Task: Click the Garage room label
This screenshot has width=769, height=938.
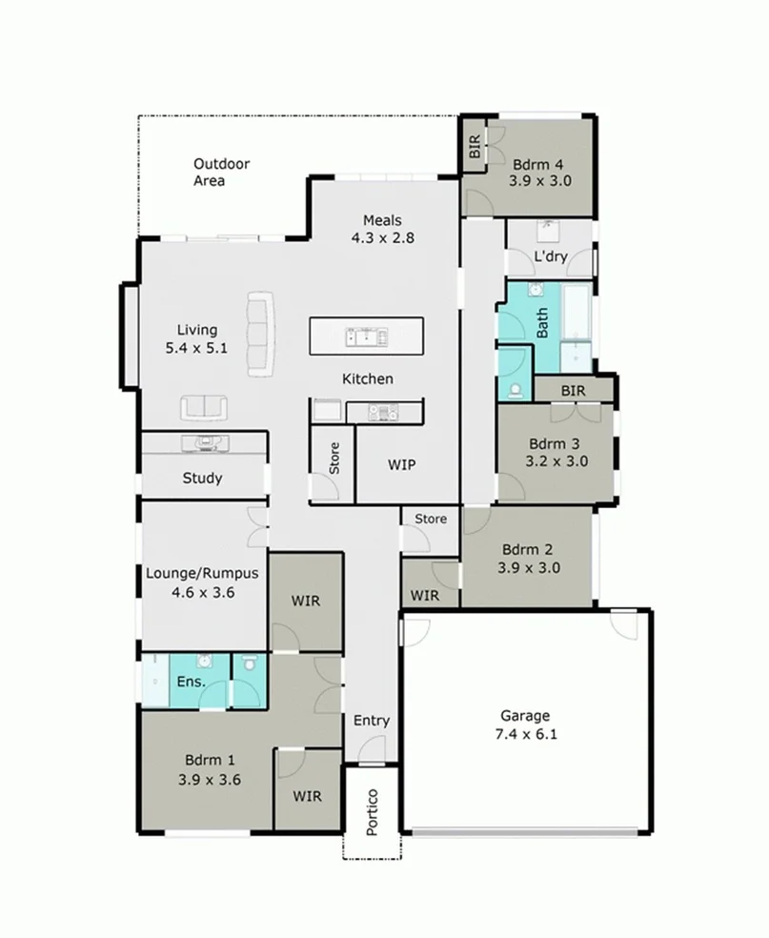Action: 525,716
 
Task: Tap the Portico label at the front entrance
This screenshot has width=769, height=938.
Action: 373,811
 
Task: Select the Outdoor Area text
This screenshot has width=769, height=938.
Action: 221,172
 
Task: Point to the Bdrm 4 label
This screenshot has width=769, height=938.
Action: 539,162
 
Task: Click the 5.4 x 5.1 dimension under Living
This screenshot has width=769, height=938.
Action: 196,348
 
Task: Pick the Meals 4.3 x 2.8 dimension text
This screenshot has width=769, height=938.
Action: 382,238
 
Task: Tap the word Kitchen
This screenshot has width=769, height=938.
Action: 367,378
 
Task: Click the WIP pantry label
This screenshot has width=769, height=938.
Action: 401,464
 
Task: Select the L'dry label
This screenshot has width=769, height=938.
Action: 550,257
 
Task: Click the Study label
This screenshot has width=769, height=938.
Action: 202,478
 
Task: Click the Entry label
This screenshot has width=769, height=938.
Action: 371,720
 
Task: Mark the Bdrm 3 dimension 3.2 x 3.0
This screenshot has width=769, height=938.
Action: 557,461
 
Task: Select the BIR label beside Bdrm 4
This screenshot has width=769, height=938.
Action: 474,148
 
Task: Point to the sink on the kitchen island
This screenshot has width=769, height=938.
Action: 365,336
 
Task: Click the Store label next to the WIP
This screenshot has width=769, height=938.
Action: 334,459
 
